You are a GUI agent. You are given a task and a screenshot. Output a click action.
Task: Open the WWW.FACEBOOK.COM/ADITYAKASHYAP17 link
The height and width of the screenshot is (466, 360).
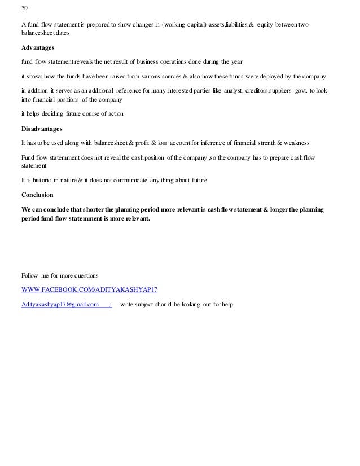[89, 290]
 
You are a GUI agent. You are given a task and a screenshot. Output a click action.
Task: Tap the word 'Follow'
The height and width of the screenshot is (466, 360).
[30, 276]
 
